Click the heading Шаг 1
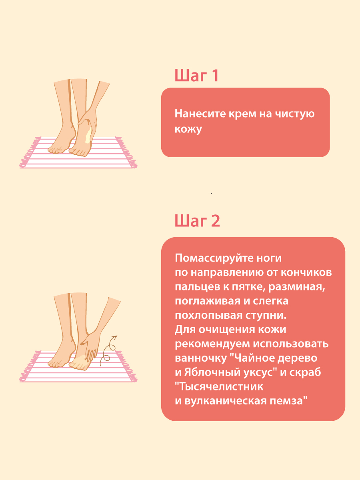[196, 76]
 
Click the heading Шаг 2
[197, 220]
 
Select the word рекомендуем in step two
[212, 344]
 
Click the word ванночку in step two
[201, 358]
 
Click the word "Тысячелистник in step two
[219, 387]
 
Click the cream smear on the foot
[88, 135]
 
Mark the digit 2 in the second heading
[215, 221]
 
